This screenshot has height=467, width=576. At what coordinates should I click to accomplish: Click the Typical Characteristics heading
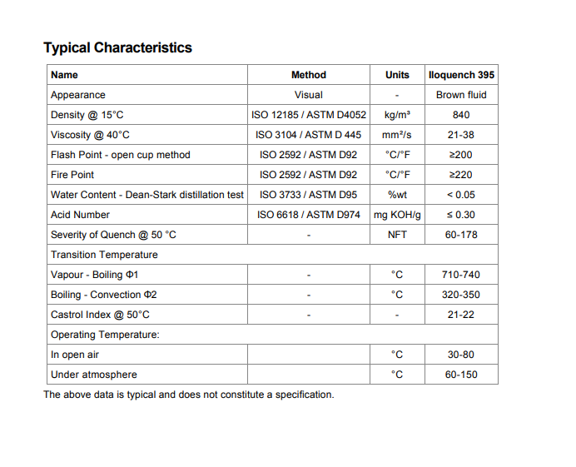pos(117,47)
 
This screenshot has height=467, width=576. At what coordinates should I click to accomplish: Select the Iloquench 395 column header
pos(460,75)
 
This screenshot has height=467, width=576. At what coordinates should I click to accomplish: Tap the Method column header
pos(309,75)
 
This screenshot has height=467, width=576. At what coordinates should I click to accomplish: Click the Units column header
pos(397,75)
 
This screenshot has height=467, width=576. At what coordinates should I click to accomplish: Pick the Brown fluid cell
pos(461,95)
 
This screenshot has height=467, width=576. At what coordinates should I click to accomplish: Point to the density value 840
pos(461,115)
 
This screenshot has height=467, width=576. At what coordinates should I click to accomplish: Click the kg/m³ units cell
pos(397,115)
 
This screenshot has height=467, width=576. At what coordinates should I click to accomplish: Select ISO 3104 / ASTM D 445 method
pos(308,135)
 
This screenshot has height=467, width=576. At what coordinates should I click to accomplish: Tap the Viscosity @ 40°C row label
pos(90,135)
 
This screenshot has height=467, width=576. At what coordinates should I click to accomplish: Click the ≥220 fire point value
pos(461,175)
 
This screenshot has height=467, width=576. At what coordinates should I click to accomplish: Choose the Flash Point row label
pos(120,155)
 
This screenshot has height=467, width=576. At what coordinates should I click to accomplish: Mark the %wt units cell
pos(397,195)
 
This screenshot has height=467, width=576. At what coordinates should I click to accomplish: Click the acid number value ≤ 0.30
pos(461,215)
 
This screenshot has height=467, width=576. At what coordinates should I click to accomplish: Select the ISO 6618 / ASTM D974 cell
pos(308,215)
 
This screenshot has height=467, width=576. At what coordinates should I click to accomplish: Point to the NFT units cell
pos(397,235)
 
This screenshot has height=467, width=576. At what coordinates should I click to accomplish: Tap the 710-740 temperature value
pos(461,275)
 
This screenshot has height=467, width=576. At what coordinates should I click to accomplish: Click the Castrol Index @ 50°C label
pos(100,315)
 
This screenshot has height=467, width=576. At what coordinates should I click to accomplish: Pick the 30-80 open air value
pos(461,355)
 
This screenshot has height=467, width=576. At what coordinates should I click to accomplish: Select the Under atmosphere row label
pos(93,375)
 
